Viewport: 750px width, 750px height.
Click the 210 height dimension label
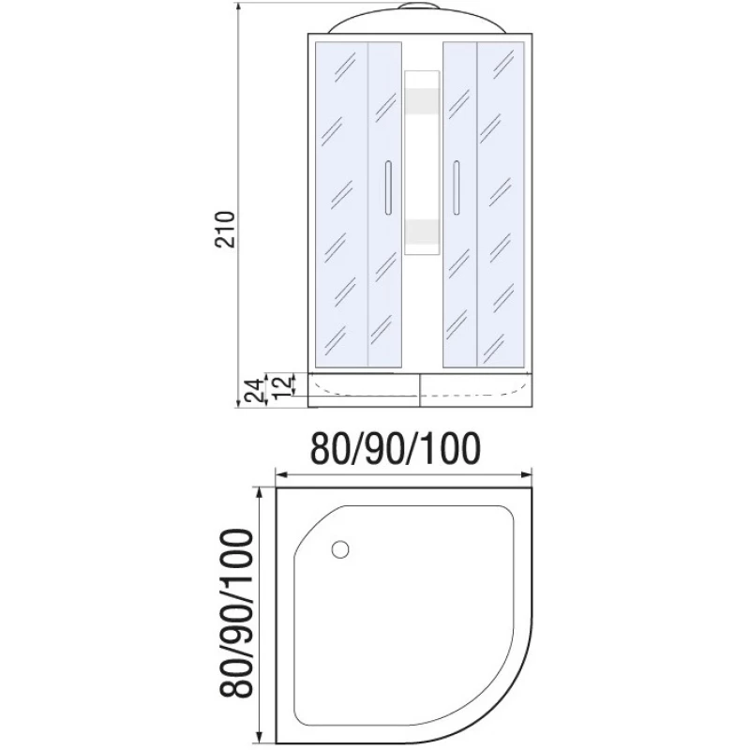coord(226,229)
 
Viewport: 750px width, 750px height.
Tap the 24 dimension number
coord(254,390)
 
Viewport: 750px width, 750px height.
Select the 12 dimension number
coord(282,387)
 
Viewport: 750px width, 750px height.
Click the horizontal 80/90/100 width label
coord(395,449)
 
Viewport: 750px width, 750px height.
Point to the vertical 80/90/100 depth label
coord(236,613)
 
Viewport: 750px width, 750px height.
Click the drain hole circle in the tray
coord(340,549)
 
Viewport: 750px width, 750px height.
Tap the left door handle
coord(388,187)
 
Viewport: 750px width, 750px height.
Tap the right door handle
coord(457,187)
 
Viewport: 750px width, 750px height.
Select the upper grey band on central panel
coord(422,101)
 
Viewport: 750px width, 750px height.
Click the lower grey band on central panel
coord(422,232)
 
